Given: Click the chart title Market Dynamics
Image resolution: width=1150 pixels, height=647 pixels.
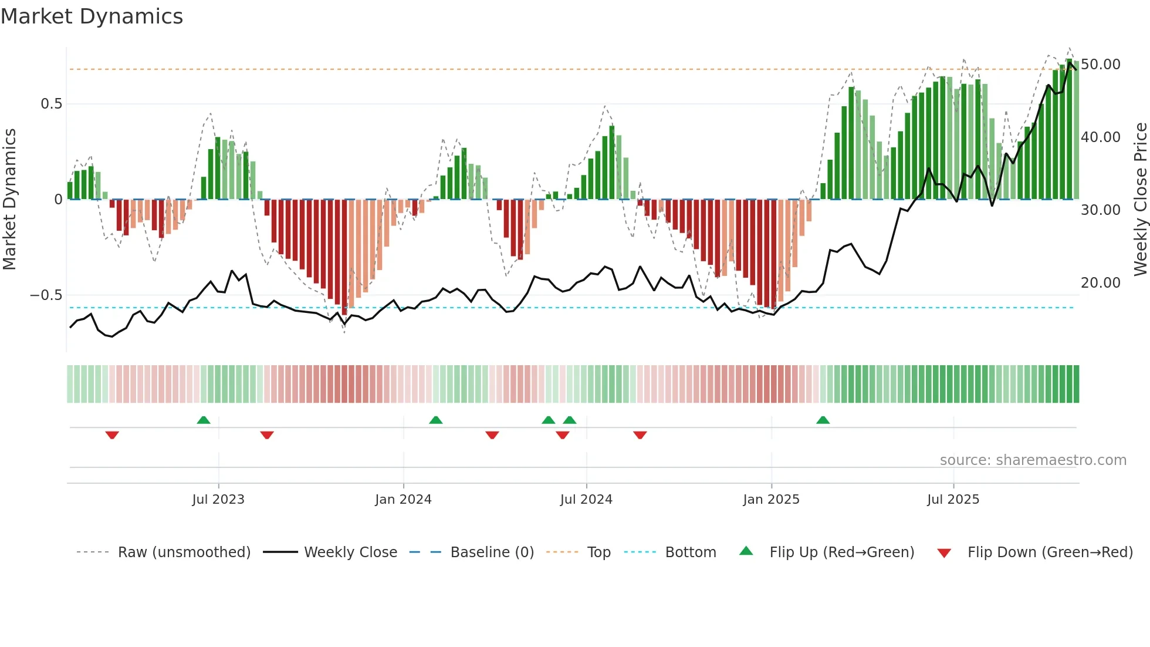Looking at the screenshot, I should pyautogui.click(x=92, y=16).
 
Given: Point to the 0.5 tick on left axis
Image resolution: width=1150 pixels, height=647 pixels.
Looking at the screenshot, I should pyautogui.click(x=51, y=104).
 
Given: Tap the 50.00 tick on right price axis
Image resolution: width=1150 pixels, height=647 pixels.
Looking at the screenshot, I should pyautogui.click(x=1100, y=64).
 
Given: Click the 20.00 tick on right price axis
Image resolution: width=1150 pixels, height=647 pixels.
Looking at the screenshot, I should pyautogui.click(x=1100, y=282).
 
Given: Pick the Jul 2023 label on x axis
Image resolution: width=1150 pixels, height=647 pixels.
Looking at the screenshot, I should pyautogui.click(x=218, y=500).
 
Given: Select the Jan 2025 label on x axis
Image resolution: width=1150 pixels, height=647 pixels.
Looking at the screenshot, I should pyautogui.click(x=771, y=500).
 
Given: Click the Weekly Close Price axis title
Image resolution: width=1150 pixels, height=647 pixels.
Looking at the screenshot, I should pyautogui.click(x=1140, y=199).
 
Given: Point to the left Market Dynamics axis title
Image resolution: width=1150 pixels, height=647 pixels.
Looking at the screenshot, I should pyautogui.click(x=9, y=199).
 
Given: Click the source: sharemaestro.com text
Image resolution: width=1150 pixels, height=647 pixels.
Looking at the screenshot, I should pyautogui.click(x=1033, y=460).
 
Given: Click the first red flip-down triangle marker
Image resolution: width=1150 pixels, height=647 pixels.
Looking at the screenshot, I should pyautogui.click(x=112, y=435).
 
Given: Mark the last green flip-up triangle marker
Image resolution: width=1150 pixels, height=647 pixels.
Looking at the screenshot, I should pyautogui.click(x=823, y=420).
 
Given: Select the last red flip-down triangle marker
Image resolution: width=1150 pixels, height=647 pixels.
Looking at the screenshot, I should pyautogui.click(x=640, y=435).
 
